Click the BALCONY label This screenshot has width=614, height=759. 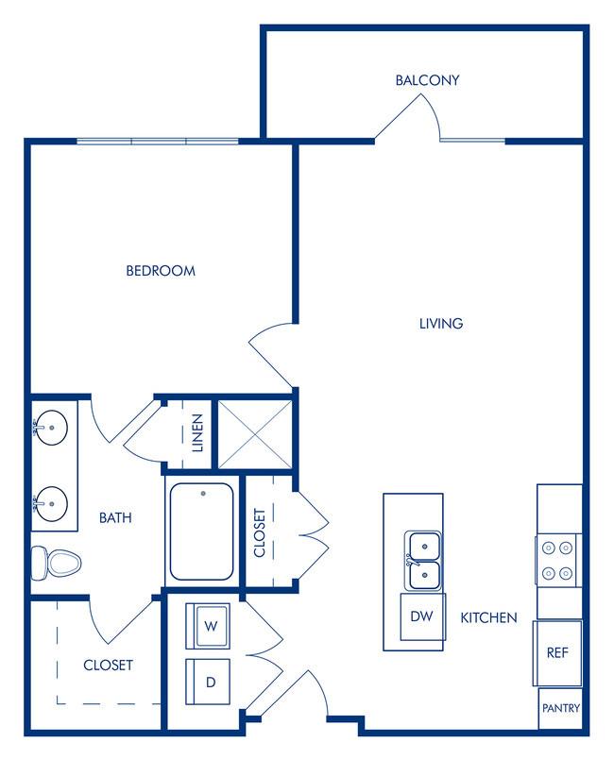click(x=427, y=80)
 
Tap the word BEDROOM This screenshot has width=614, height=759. click(x=161, y=271)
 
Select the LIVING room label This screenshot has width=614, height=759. click(x=441, y=324)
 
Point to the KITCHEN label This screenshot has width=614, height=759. click(x=488, y=617)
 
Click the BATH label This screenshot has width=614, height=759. click(x=115, y=518)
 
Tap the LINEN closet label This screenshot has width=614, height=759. click(x=197, y=432)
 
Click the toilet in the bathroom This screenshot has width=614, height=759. click(x=56, y=563)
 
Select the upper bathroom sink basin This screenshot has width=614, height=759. click(x=52, y=428)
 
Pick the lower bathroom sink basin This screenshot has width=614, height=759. click(x=52, y=504)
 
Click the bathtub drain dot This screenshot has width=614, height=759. click(x=203, y=494)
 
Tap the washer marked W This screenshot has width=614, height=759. click(x=208, y=626)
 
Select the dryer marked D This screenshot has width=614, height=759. click(x=208, y=682)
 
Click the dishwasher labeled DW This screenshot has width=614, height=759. click(x=421, y=616)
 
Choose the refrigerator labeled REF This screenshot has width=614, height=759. click(x=557, y=653)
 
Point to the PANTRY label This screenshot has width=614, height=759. click(x=561, y=708)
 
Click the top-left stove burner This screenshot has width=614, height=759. click(x=548, y=548)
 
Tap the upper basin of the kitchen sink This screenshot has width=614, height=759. click(x=424, y=547)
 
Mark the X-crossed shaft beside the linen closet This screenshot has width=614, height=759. click(x=255, y=434)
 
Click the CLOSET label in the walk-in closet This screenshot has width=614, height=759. click(x=108, y=666)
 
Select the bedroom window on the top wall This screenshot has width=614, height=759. click(x=158, y=142)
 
